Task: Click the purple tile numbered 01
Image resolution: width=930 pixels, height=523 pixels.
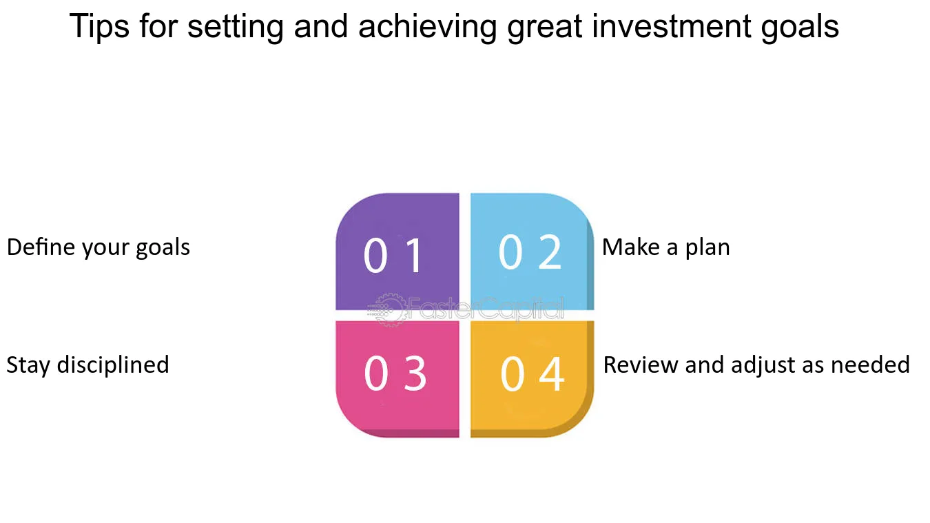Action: tap(397, 252)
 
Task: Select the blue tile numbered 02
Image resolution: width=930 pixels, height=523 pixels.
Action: tap(533, 252)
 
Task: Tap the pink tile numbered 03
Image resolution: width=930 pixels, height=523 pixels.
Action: tap(397, 379)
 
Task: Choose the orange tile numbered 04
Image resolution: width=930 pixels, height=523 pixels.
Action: tap(533, 379)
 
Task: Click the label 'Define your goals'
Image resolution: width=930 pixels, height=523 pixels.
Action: tap(99, 248)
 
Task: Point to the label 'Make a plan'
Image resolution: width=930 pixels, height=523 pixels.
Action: tap(666, 248)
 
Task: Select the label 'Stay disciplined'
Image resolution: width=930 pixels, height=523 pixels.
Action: tap(87, 366)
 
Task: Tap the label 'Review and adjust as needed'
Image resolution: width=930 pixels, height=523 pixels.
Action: tap(756, 366)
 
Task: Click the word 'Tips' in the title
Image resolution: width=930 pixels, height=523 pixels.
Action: tap(99, 27)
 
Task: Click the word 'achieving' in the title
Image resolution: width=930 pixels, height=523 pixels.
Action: tap(428, 28)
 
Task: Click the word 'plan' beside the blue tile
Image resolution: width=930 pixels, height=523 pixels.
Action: tap(707, 249)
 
